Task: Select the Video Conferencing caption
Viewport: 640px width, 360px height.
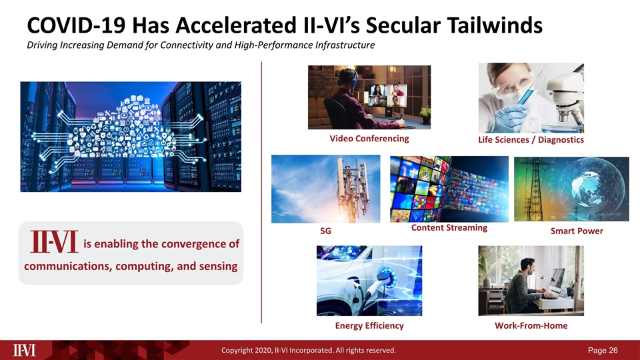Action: (x=369, y=139)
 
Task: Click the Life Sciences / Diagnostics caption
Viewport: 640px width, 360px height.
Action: (x=531, y=140)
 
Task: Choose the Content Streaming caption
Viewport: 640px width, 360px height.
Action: (x=449, y=228)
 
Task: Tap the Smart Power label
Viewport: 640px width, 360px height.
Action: (x=577, y=231)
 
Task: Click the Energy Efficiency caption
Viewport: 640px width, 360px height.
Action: (x=369, y=325)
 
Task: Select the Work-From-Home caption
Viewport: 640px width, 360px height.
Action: (x=531, y=325)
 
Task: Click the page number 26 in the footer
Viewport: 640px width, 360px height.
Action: (x=613, y=350)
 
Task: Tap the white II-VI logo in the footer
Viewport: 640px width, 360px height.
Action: (x=25, y=350)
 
